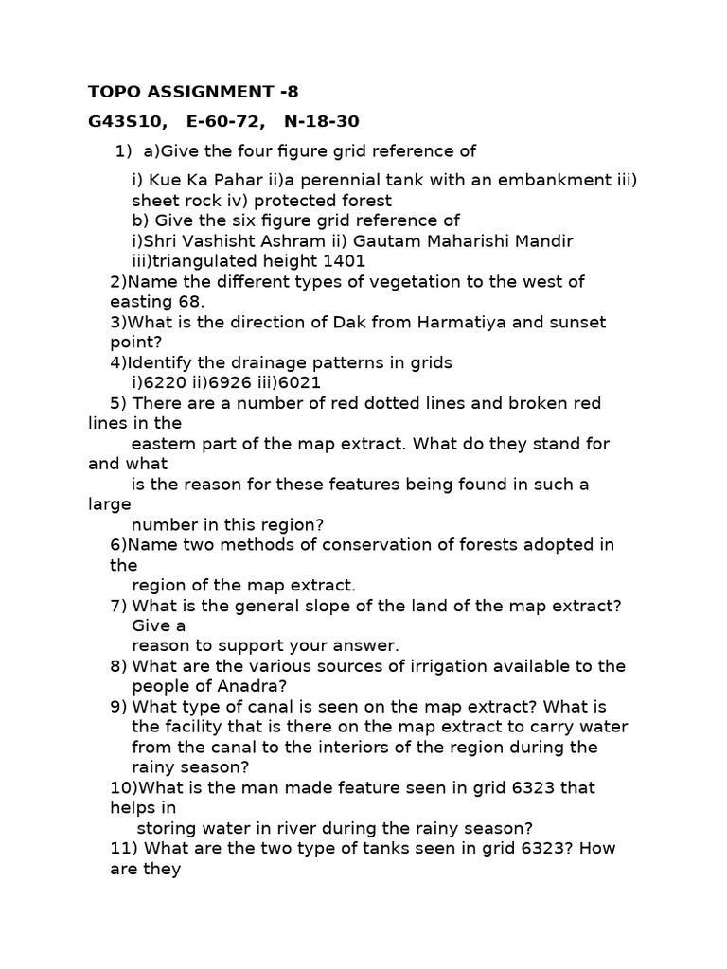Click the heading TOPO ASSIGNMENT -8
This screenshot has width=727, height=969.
(193, 92)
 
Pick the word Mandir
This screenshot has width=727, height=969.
(542, 241)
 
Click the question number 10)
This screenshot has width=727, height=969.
(125, 787)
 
